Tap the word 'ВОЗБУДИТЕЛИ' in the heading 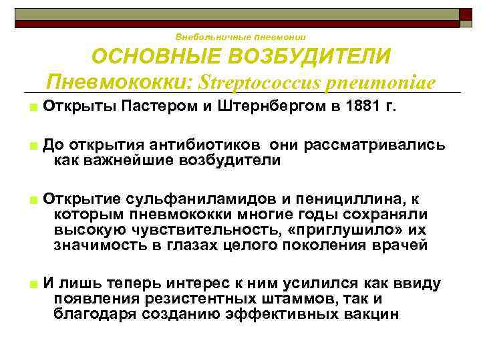point(309,57)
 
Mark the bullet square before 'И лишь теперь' point(32,284)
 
